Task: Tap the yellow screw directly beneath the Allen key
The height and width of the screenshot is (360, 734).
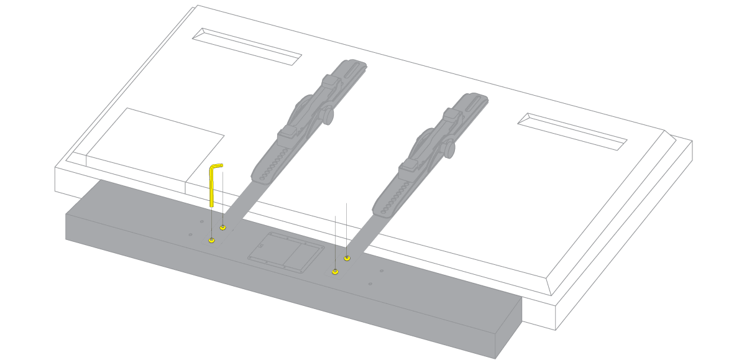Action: (212, 240)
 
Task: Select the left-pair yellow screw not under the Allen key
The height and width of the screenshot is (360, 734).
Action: (223, 228)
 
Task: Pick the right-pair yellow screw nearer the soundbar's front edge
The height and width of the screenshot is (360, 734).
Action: (336, 271)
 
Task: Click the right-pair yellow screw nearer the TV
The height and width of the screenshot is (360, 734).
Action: (347, 258)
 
